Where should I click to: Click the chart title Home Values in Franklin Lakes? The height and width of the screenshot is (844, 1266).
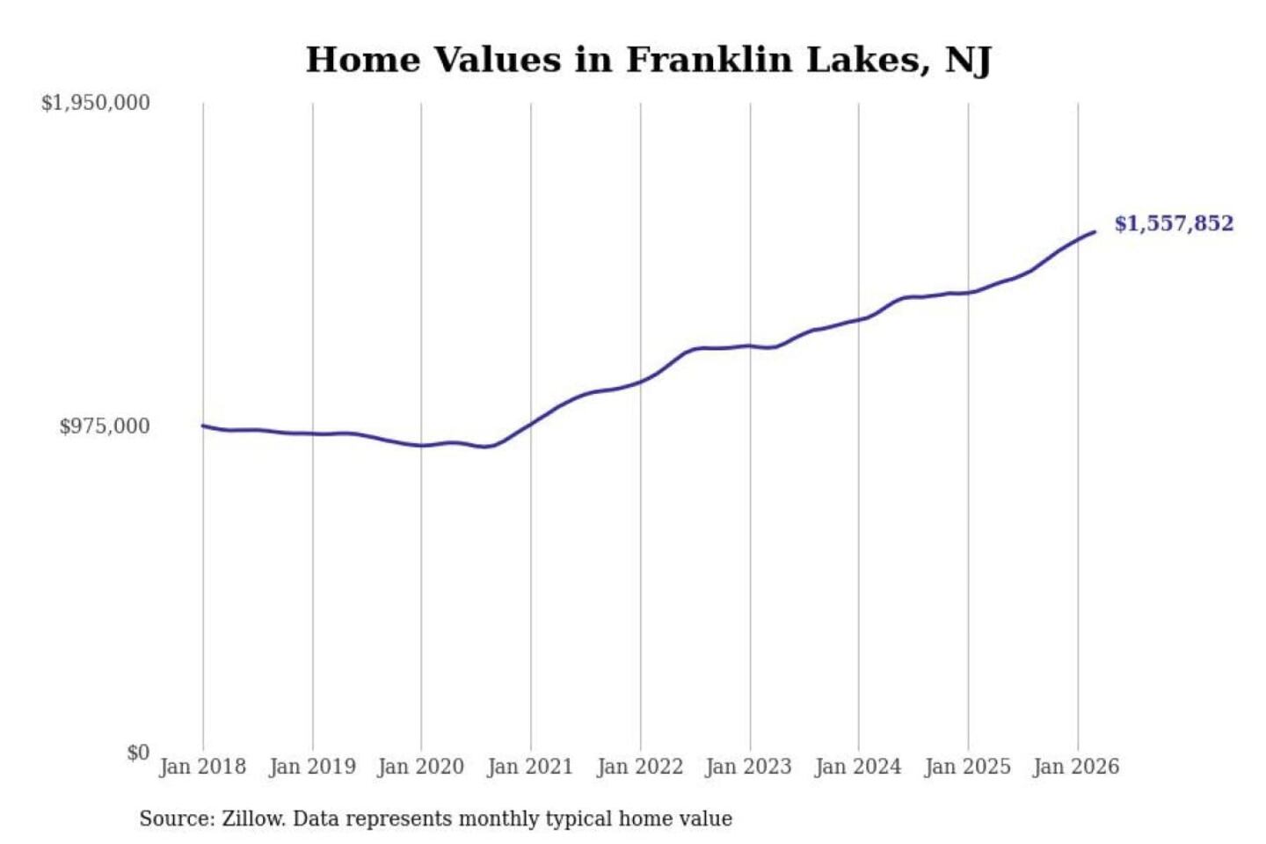tap(648, 60)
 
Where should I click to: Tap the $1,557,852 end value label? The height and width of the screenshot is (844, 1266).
tap(1174, 223)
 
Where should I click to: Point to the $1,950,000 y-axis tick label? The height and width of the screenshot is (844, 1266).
tap(96, 103)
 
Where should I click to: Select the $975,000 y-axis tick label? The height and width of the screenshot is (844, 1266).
tap(105, 426)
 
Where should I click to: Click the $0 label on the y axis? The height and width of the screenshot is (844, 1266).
tap(138, 753)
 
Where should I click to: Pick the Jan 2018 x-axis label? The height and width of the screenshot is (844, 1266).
tap(202, 767)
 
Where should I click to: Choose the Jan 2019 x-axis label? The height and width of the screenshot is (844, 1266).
tap(312, 767)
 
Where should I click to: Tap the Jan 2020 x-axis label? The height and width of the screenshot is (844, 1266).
tap(420, 767)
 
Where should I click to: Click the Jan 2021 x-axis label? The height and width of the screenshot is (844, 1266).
tap(530, 767)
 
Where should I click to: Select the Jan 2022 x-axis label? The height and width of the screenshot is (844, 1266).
tap(640, 767)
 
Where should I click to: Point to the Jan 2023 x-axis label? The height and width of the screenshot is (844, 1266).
tap(748, 767)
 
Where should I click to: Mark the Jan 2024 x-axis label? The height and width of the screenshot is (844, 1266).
tap(858, 767)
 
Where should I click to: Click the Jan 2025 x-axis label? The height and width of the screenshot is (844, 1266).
tap(967, 767)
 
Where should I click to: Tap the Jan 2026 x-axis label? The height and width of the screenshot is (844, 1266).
tap(1076, 767)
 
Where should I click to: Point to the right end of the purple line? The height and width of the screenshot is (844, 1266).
tap(1095, 232)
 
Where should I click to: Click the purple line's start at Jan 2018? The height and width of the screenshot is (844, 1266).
tap(203, 426)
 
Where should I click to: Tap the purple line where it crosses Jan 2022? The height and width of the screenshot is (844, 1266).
tap(640, 382)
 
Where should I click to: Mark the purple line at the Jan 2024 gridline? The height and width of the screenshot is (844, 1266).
tap(859, 320)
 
